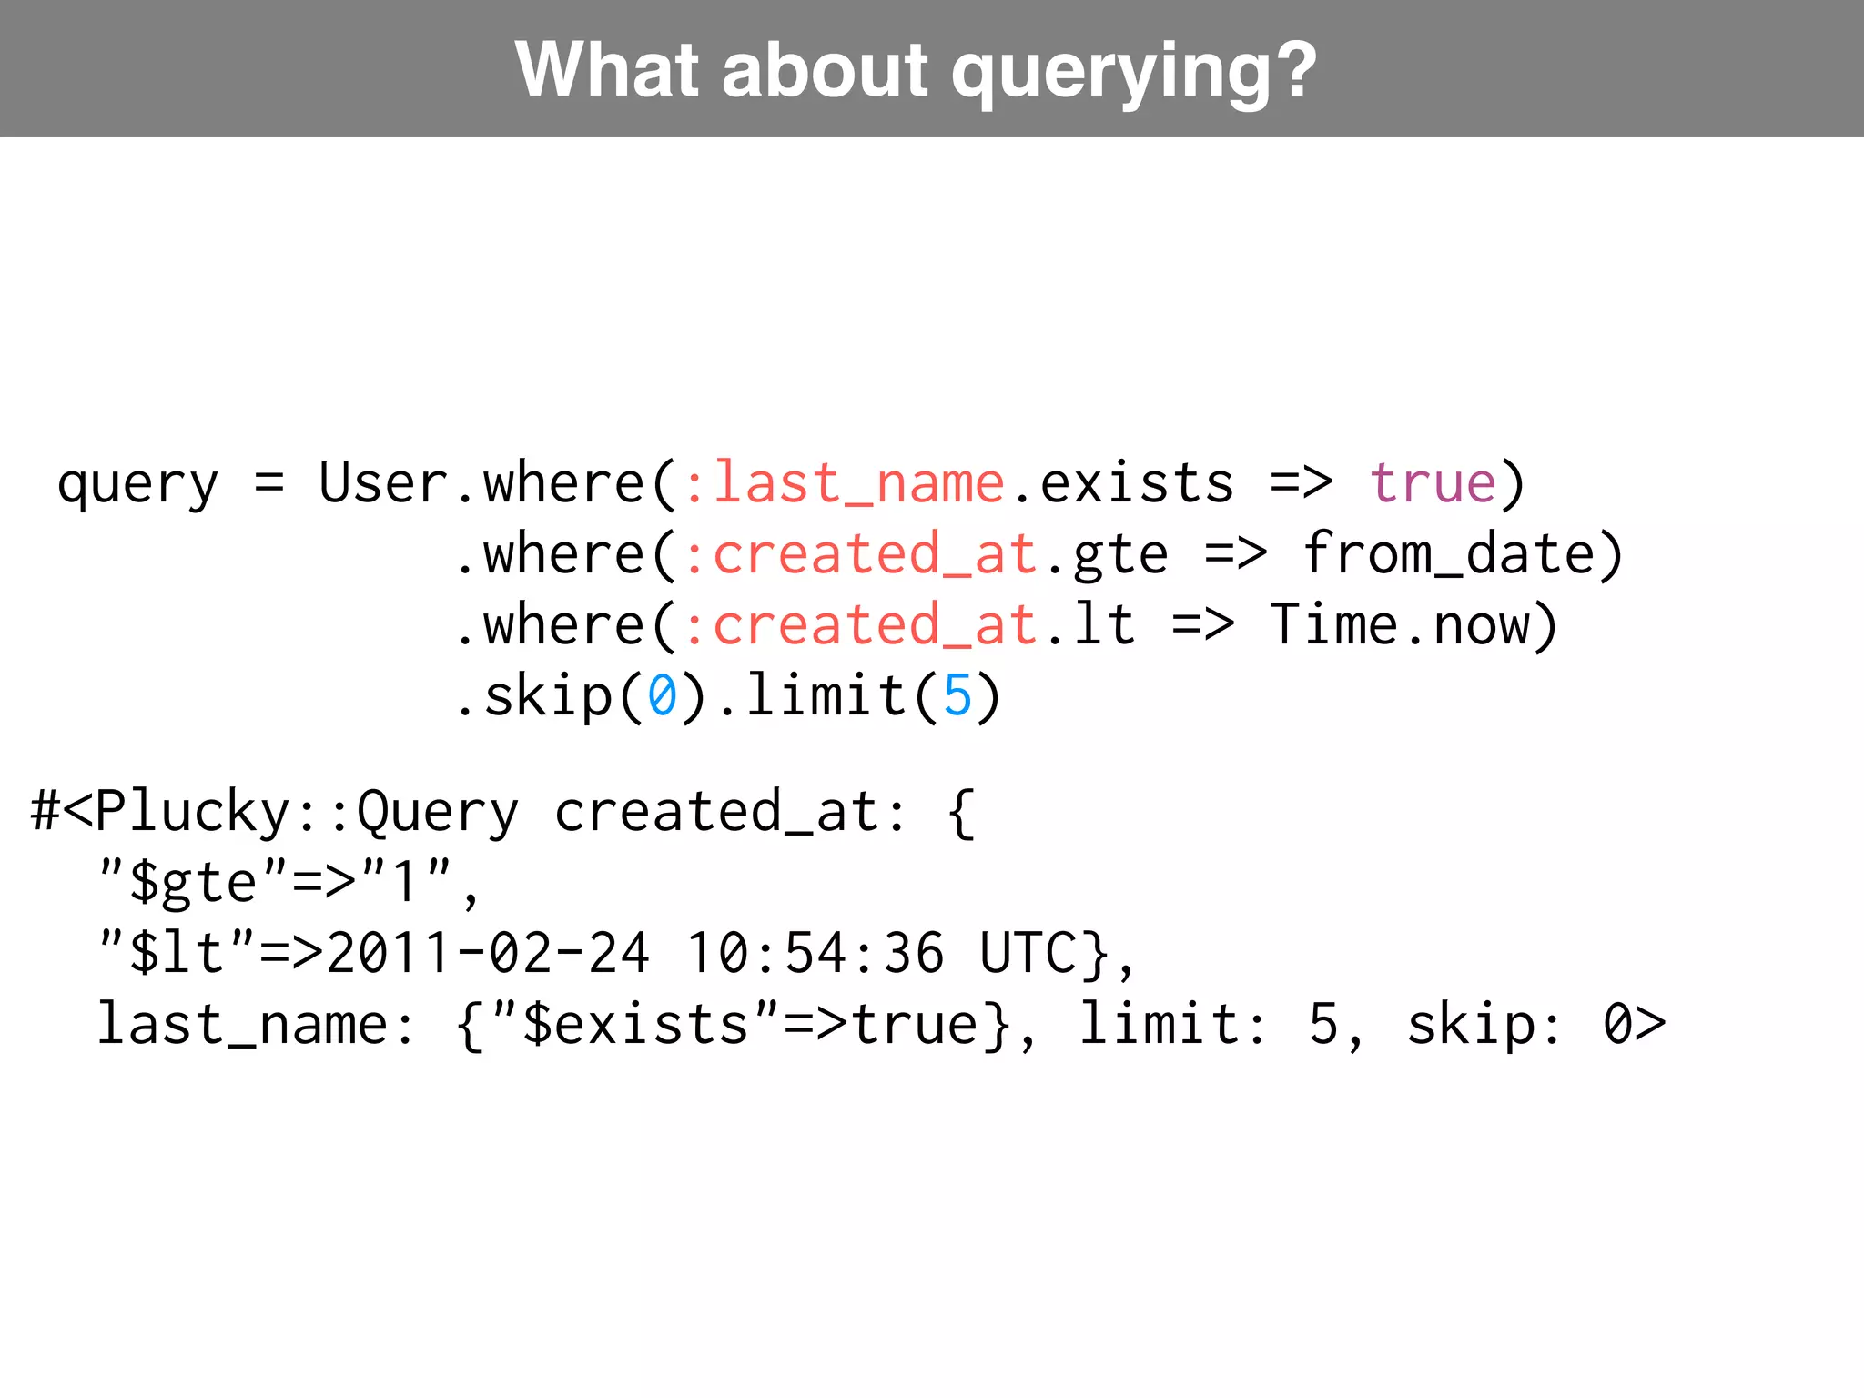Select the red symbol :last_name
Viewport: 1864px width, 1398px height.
pos(844,482)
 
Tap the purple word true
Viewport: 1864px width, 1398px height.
pos(1433,482)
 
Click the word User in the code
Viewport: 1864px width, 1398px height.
pos(383,482)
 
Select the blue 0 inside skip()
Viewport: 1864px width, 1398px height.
pos(662,696)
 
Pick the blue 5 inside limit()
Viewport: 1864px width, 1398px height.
pos(957,696)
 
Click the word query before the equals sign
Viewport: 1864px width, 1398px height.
pos(137,484)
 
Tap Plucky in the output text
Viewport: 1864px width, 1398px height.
pos(192,812)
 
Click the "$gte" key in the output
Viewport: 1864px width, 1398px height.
pos(192,882)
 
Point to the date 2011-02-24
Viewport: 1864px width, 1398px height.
pos(488,954)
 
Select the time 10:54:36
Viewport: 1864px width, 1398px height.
pos(815,954)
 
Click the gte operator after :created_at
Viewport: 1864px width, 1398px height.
pos(1120,555)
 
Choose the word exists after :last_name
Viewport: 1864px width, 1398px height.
pos(1137,482)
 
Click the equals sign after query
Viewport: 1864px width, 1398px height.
pos(268,482)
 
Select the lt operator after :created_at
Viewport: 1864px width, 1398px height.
pos(1104,625)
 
